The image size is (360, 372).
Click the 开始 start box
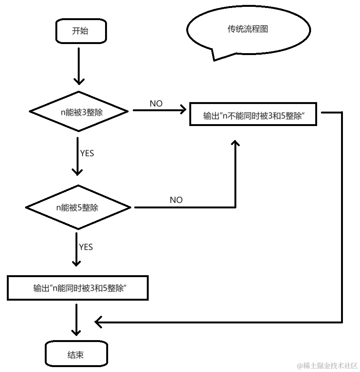point(80,31)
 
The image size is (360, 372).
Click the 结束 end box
point(75,355)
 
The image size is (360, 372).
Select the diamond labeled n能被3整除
point(79,112)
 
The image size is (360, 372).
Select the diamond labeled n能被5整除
point(78,208)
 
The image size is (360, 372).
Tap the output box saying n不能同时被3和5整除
point(253,114)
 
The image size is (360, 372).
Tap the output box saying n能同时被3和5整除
point(77,288)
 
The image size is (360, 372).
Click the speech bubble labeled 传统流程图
point(248,30)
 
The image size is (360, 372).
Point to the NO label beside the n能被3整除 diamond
point(156,104)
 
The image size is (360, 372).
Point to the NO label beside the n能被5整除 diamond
point(176,200)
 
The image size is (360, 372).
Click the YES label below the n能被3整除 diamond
point(87,153)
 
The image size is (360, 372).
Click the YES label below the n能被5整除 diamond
point(86,247)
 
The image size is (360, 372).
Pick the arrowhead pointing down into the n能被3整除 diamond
point(79,81)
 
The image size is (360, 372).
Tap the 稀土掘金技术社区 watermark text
point(327,365)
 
